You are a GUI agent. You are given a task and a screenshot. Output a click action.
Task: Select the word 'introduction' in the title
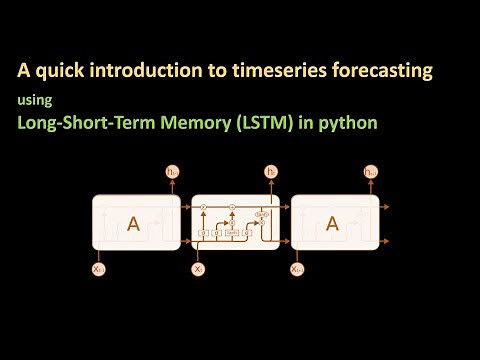(x=137, y=71)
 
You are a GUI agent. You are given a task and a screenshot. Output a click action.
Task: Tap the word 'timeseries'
(x=255, y=71)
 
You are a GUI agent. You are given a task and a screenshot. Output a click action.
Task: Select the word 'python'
(x=354, y=124)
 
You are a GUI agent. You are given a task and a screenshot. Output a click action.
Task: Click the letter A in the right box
(x=334, y=224)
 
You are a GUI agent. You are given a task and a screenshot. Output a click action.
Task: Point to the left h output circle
(x=172, y=173)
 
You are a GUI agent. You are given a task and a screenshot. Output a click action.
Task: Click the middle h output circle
(x=271, y=173)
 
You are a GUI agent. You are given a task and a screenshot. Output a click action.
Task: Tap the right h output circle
(x=371, y=173)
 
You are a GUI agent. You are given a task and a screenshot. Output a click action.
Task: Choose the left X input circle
(x=98, y=269)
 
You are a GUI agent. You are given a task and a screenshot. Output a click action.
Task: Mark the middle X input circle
(x=198, y=269)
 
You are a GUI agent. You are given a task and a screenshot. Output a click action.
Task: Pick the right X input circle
(x=297, y=269)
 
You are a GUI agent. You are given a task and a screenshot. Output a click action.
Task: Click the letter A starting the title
(x=22, y=71)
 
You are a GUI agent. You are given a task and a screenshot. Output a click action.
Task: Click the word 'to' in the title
(x=201, y=71)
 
